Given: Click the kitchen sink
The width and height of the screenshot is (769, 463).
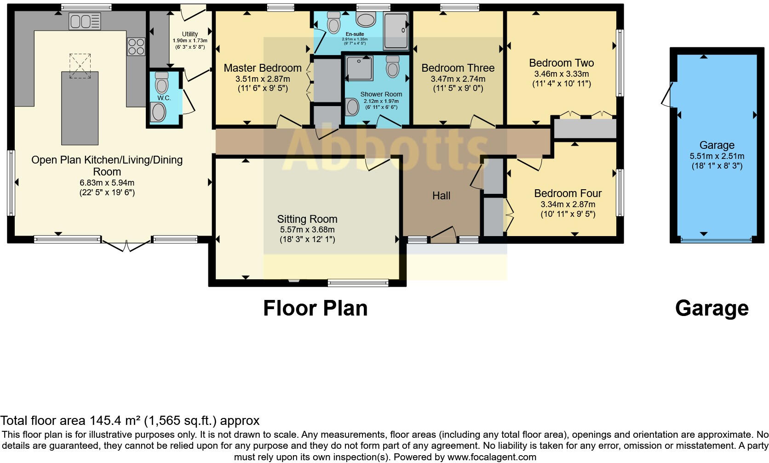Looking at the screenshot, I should pos(84,22).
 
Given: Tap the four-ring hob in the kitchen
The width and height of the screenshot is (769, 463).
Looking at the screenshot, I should pos(136,46).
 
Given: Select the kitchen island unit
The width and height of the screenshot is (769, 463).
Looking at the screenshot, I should pos(80,108).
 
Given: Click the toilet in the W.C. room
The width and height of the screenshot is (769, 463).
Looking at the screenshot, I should pos(161,83).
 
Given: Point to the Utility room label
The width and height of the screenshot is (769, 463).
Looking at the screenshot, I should pos(189,34).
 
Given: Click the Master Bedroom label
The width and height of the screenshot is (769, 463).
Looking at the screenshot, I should pos(262,68).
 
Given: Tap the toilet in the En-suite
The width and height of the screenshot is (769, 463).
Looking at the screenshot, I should pos(333,21).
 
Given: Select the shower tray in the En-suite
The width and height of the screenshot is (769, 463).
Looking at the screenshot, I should pos(396,30).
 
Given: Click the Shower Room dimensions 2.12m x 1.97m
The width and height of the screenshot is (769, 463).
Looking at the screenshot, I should pos(381,101).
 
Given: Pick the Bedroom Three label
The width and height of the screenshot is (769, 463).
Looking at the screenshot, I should pos(458,68).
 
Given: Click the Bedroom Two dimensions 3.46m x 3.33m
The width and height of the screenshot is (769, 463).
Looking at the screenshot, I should pos(561,73).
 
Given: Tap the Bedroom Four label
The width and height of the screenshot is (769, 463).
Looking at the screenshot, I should pos(568,193).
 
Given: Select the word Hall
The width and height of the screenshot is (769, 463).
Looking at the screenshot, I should pos(441,196).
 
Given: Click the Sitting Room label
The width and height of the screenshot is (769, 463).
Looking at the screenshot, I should pos(307,219).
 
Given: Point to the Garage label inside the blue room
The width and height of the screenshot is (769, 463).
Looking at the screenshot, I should pos(717,145).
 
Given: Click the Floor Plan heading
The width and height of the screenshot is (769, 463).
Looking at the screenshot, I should pos(315,308).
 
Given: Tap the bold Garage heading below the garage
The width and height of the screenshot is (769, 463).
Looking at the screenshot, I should pos(712,308).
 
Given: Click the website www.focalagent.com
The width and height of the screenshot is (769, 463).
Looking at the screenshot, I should pos(491,457).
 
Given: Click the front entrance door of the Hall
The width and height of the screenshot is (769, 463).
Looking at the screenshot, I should pos(443,234).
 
